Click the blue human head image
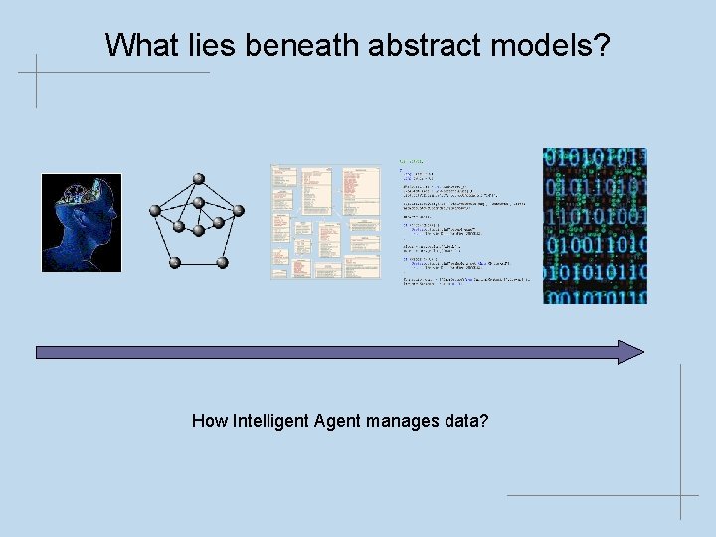tap(81, 224)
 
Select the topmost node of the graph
tap(198, 178)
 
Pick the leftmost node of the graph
tap(154, 211)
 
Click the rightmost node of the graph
tap(239, 210)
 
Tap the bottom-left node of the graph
tap(174, 262)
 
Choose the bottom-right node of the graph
tap(223, 262)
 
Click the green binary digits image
tap(595, 226)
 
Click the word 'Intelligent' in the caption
tap(270, 421)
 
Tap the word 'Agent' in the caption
tap(337, 421)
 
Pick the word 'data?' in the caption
tap(466, 421)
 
